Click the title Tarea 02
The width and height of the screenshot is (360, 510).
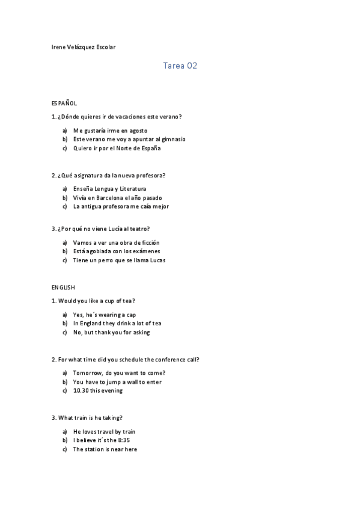(180, 66)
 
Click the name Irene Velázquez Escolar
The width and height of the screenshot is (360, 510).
(84, 47)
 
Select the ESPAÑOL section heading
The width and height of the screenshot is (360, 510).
(64, 103)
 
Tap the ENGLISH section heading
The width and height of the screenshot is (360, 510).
(63, 287)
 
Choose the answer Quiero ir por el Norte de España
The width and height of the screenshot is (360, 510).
(117, 148)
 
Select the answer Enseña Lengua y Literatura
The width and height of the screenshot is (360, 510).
(109, 189)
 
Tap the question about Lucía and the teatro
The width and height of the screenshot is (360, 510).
(101, 229)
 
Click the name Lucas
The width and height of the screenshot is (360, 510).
(156, 260)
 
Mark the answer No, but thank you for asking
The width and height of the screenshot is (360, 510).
(111, 332)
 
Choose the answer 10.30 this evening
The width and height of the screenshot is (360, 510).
(97, 390)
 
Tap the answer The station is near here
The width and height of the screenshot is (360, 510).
(105, 449)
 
